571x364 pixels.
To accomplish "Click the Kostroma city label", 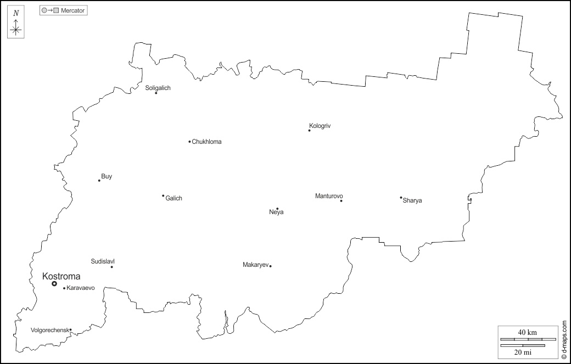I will [61, 276].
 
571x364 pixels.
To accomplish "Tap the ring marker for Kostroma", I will [54, 284].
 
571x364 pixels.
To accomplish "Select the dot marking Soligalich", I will [156, 93].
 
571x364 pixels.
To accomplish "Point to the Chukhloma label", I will [207, 142].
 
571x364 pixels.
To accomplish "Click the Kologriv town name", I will [320, 126].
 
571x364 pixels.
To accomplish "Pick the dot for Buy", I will [99, 181].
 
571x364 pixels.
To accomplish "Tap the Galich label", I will [173, 198].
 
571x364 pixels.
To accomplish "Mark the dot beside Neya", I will [277, 209].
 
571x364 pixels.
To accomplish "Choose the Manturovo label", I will [329, 196].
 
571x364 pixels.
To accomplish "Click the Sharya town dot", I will [401, 198].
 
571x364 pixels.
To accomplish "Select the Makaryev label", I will [255, 265].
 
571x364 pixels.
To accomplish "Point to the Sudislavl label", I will [103, 261].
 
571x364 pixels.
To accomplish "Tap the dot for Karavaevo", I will [64, 288].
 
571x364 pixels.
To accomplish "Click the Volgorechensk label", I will [49, 330].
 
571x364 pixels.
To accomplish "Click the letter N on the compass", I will [16, 13].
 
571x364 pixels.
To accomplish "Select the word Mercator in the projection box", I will [73, 10].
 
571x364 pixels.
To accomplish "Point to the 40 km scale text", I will [528, 332].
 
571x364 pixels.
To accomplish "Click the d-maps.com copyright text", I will [564, 337].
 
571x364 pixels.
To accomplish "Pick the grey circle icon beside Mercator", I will [44, 10].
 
